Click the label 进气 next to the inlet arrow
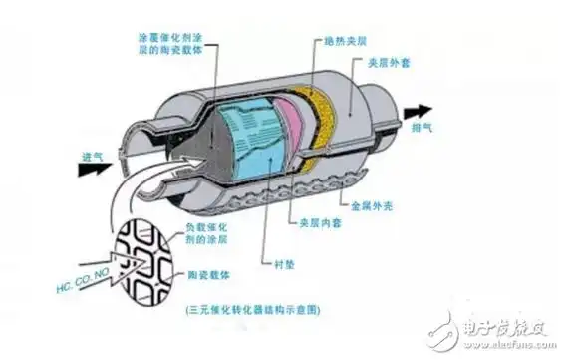coord(93,158)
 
